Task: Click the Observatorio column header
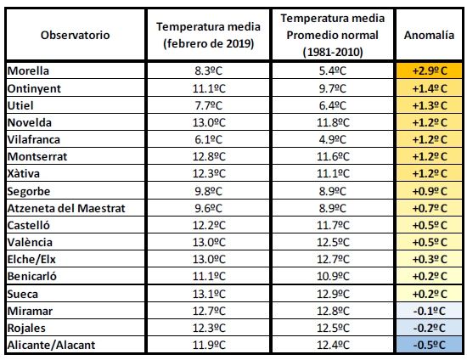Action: pyautogui.click(x=75, y=35)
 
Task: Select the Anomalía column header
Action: pyautogui.click(x=429, y=35)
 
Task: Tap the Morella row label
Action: pyautogui.click(x=28, y=70)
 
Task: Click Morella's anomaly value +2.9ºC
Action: pyautogui.click(x=430, y=70)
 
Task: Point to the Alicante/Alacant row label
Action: pyautogui.click(x=51, y=345)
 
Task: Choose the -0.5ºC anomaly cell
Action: pyautogui.click(x=430, y=345)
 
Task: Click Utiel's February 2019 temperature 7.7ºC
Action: pyautogui.click(x=209, y=105)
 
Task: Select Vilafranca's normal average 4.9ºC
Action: pyautogui.click(x=333, y=139)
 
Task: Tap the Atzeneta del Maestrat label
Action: pyautogui.click(x=66, y=208)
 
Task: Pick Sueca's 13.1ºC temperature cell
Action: pyautogui.click(x=209, y=294)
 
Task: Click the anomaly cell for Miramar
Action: pyautogui.click(x=430, y=311)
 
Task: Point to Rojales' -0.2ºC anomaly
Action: pyautogui.click(x=430, y=328)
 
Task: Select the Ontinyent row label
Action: pyautogui.click(x=34, y=89)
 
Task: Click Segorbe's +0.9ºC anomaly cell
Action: pyautogui.click(x=430, y=191)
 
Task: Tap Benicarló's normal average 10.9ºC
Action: pyautogui.click(x=333, y=276)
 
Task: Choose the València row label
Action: pyautogui.click(x=30, y=242)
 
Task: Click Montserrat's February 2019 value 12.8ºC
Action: pyautogui.click(x=209, y=156)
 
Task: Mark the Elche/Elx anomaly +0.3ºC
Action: pyautogui.click(x=430, y=259)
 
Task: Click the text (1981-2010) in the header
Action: pyautogui.click(x=333, y=53)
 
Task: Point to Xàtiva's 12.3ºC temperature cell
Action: pyautogui.click(x=209, y=173)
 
